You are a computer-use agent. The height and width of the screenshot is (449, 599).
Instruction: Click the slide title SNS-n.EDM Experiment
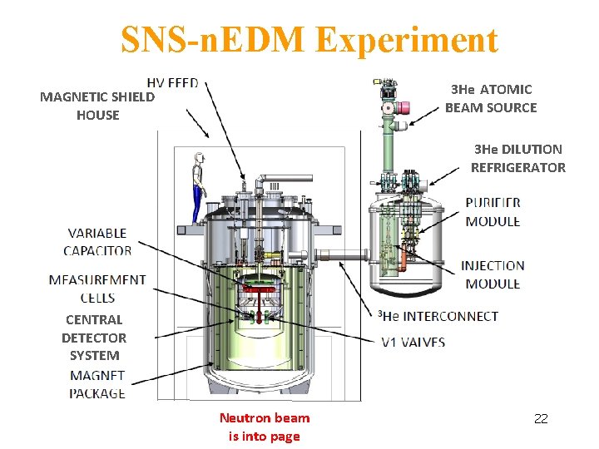click(309, 39)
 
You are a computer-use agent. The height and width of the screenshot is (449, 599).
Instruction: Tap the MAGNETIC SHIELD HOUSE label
click(97, 106)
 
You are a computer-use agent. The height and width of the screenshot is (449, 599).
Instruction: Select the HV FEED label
click(178, 83)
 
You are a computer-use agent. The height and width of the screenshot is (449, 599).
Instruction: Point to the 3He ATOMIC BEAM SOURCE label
click(491, 98)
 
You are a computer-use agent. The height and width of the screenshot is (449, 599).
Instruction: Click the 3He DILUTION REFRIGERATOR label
click(517, 158)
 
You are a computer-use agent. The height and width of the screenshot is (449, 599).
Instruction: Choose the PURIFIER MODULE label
click(493, 211)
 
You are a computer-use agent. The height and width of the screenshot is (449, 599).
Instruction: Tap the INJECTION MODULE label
click(493, 274)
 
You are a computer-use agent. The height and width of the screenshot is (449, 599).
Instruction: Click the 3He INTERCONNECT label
click(438, 316)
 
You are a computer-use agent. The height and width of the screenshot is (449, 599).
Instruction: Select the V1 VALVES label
click(413, 342)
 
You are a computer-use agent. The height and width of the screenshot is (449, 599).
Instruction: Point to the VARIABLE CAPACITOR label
click(98, 241)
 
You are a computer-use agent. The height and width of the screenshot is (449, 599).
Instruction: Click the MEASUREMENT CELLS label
click(97, 289)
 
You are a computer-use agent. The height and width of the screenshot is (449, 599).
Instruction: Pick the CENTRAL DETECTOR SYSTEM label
click(94, 337)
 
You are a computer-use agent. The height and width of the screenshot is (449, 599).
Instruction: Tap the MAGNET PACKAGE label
click(97, 384)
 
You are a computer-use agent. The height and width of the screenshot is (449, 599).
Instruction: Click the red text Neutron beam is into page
click(264, 427)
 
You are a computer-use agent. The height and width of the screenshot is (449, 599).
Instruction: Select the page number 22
click(541, 418)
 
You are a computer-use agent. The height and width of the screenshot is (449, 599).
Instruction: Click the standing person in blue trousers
click(198, 187)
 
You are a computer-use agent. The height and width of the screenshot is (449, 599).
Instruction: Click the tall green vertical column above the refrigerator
click(388, 150)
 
